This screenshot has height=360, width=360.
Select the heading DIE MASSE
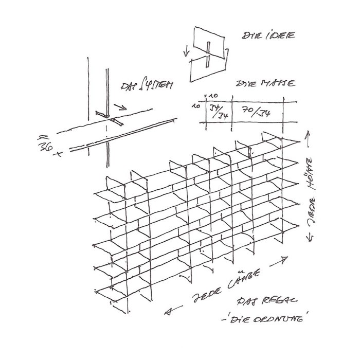pyautogui.click(x=265, y=84)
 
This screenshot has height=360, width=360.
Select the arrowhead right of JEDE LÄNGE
pyautogui.click(x=284, y=261)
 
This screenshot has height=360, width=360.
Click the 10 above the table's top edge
pyautogui.click(x=214, y=96)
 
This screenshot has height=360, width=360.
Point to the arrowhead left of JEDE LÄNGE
pyautogui.click(x=168, y=311)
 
